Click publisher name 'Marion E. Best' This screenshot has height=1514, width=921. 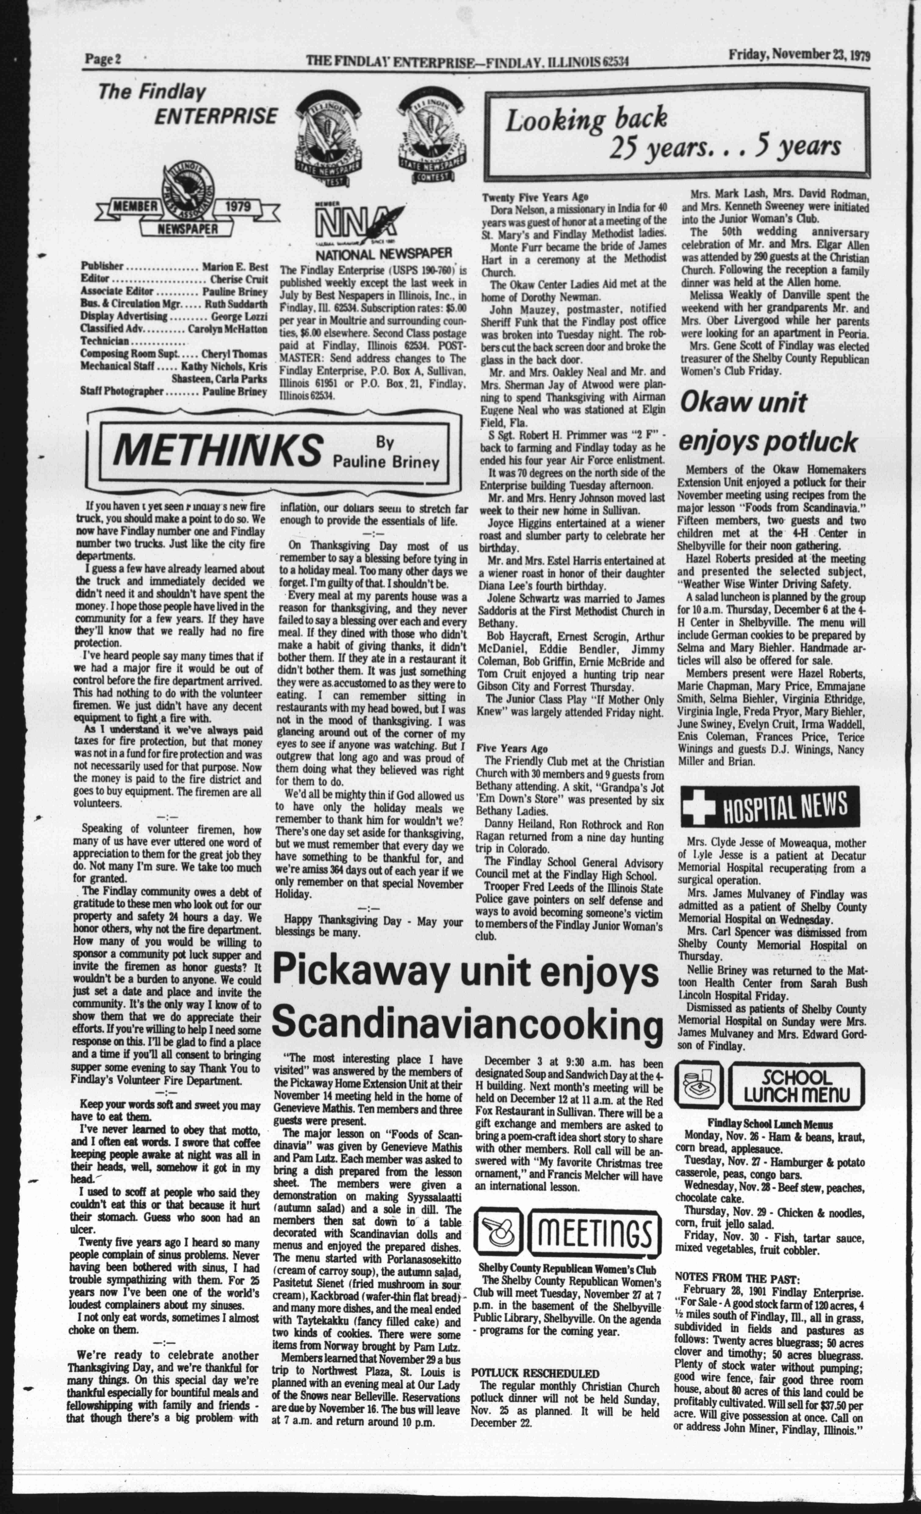[x=235, y=267]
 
